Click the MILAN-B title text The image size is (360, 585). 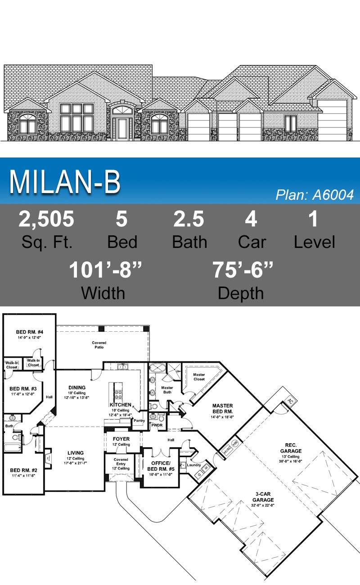(x=65, y=182)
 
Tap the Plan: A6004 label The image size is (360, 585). (x=315, y=195)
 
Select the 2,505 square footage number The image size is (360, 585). (x=46, y=219)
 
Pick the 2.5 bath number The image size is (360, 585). (x=189, y=219)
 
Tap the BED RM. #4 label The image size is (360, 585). (x=29, y=332)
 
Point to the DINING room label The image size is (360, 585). (x=77, y=387)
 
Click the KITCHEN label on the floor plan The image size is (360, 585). (x=121, y=405)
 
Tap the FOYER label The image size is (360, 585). (x=121, y=439)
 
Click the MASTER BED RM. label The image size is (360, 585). (x=222, y=409)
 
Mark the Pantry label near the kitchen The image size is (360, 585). (x=139, y=421)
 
